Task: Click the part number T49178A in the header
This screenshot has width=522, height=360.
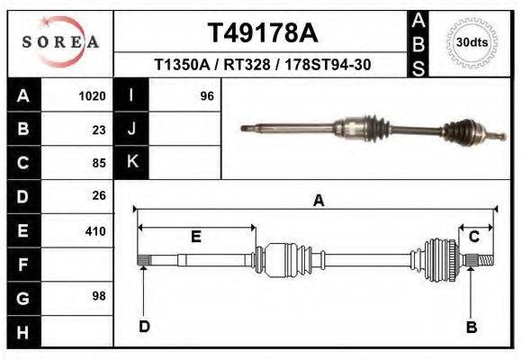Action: coord(263,32)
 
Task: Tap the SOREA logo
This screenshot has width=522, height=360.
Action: coord(60,42)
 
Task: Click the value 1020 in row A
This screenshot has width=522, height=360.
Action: coord(94,95)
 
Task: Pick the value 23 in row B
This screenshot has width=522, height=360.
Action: coord(99,130)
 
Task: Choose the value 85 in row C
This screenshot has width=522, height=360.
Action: coord(99,163)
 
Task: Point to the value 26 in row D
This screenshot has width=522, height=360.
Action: coord(99,195)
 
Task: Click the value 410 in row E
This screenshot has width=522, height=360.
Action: coord(95,231)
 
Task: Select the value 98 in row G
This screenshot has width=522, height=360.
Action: coord(99,296)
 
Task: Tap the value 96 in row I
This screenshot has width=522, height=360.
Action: coord(207,95)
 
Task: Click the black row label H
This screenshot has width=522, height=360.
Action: coord(22,332)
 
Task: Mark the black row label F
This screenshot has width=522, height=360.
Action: coord(22,265)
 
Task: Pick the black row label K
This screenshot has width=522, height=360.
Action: coord(131,163)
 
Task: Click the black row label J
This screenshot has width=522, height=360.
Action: coord(131,130)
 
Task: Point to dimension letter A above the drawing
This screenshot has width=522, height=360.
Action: coord(318,202)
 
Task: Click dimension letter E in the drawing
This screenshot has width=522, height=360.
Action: coord(195,237)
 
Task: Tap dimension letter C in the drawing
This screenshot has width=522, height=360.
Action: coord(473,237)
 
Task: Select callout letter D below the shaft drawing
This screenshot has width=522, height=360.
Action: coord(144,327)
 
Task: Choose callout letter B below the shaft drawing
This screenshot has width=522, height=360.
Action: coord(471,327)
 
